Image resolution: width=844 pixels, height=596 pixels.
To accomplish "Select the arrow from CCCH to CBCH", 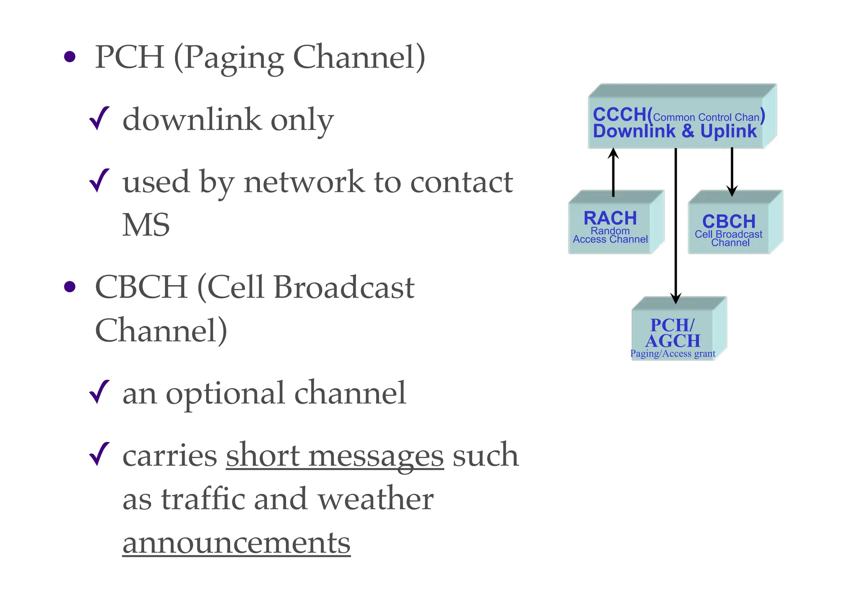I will tap(732, 171).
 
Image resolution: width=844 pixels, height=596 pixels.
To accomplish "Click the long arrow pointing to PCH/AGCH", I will tap(676, 226).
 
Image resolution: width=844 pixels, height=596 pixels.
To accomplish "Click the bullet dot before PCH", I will tap(70, 57).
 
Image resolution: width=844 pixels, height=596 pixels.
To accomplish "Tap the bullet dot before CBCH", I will tap(70, 286).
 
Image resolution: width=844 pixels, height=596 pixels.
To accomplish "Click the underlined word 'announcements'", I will tap(237, 542).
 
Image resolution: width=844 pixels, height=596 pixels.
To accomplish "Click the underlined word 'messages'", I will tap(375, 456).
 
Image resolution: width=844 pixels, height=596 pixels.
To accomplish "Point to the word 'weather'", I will tap(375, 499).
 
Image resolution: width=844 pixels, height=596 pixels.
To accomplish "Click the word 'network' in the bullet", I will tap(304, 182).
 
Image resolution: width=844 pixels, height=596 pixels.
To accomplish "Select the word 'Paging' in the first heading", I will tap(234, 58).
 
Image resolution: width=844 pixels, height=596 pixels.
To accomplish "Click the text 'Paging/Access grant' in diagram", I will tap(673, 354).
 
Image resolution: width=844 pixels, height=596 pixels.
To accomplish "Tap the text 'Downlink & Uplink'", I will tap(675, 132).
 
